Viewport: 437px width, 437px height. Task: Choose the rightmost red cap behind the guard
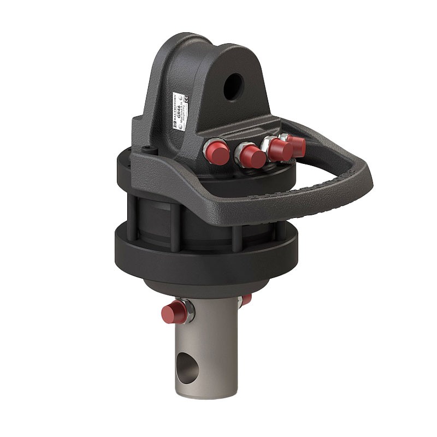(298, 145)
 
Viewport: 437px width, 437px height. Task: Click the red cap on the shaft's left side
(172, 314)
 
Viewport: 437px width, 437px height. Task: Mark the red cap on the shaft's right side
(246, 299)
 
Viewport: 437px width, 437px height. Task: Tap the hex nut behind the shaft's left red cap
(187, 311)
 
